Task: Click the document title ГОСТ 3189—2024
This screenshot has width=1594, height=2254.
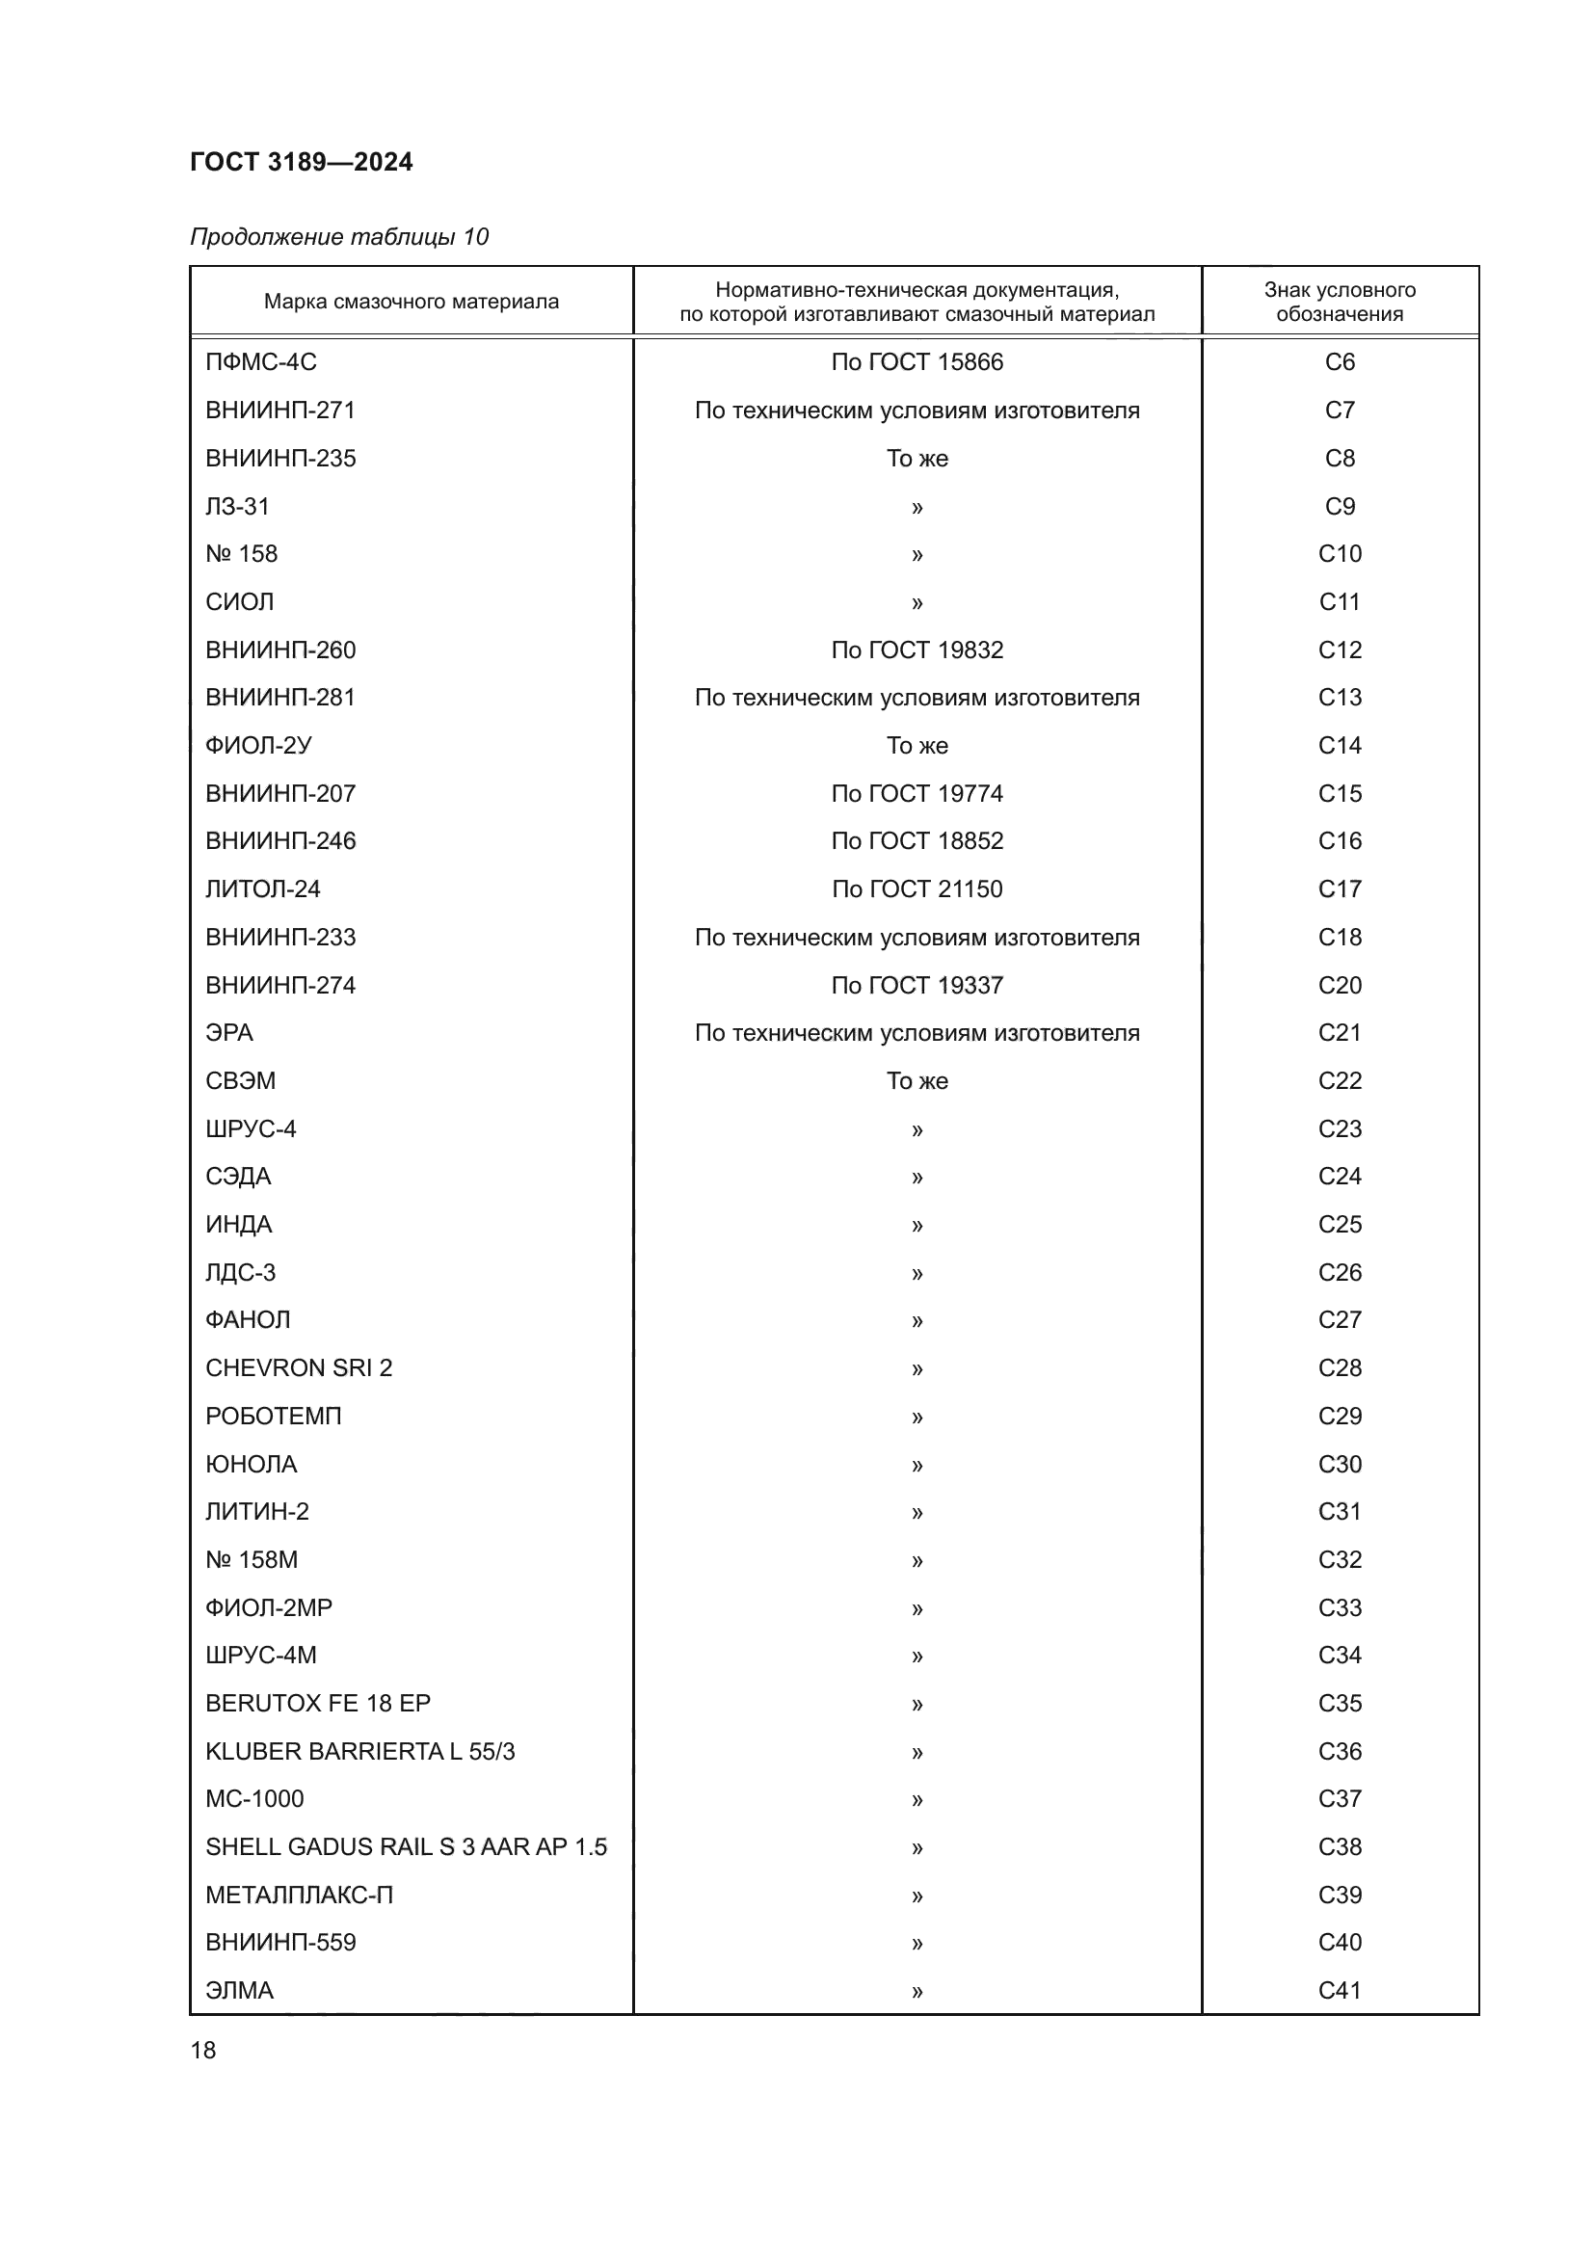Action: coord(302,162)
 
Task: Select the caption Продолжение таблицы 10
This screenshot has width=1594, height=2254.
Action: coord(338,237)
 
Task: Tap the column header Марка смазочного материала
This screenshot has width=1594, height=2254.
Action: coord(412,302)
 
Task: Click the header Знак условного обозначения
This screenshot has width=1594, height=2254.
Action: coord(1339,302)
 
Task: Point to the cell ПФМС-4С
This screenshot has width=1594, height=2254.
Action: coord(261,362)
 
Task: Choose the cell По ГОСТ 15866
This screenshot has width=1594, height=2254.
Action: coord(917,362)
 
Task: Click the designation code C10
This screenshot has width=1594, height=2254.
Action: coord(1339,554)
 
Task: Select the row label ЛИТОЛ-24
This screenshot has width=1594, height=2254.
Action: coord(263,888)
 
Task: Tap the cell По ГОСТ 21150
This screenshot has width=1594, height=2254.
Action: coord(917,888)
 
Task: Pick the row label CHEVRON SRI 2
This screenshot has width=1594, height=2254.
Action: coord(299,1367)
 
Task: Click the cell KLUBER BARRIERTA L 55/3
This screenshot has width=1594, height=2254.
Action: coord(360,1751)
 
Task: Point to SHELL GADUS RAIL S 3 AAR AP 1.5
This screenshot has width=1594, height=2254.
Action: coord(407,1846)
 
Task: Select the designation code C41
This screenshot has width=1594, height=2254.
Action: coord(1339,1990)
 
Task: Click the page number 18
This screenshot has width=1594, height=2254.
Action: coord(203,2050)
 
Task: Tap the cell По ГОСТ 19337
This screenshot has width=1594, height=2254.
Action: coord(917,985)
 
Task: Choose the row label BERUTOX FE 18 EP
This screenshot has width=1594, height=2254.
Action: coord(318,1703)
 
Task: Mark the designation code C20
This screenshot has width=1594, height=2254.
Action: coord(1339,985)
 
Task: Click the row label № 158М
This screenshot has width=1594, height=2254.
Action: coord(252,1560)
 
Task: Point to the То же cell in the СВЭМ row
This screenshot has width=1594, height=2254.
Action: coord(917,1081)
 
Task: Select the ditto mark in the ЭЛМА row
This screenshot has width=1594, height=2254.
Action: coord(917,1991)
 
